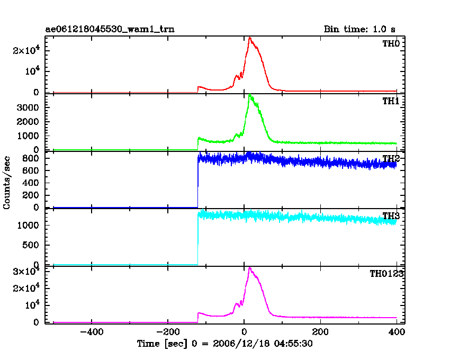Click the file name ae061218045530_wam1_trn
pyautogui.click(x=110, y=29)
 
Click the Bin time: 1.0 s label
pyautogui.click(x=359, y=29)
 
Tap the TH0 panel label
pyautogui.click(x=391, y=43)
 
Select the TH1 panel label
pyautogui.click(x=391, y=101)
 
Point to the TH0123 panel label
pyautogui.click(x=386, y=274)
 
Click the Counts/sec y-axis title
pyautogui.click(x=6, y=183)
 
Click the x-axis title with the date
pyautogui.click(x=224, y=344)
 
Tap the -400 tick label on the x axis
pyautogui.click(x=92, y=332)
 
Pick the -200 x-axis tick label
pyautogui.click(x=168, y=332)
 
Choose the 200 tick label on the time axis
pyautogui.click(x=320, y=332)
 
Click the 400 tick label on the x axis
pyautogui.click(x=397, y=332)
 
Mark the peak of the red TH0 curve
pyautogui.click(x=250, y=38)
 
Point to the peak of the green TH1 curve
pyautogui.click(x=250, y=94)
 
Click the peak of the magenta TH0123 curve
pyautogui.click(x=250, y=268)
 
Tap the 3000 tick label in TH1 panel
pyautogui.click(x=28, y=107)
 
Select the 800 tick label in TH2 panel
pyautogui.click(x=30, y=158)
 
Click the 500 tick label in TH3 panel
pyautogui.click(x=30, y=245)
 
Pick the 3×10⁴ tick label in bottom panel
pyautogui.click(x=26, y=271)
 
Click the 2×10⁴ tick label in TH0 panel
pyautogui.click(x=26, y=50)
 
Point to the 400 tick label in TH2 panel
pyautogui.click(x=30, y=183)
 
